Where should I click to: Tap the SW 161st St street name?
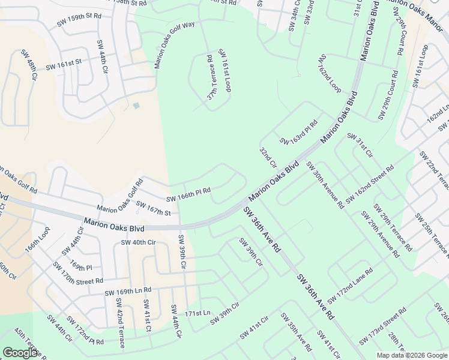tap(64, 62)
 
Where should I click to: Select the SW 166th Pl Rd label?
tap(188, 194)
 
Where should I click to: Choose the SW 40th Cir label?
tap(138, 242)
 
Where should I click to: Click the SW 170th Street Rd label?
tap(78, 272)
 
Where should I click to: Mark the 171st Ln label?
tap(198, 313)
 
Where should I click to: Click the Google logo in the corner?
tap(20, 352)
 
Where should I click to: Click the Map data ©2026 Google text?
tap(412, 355)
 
